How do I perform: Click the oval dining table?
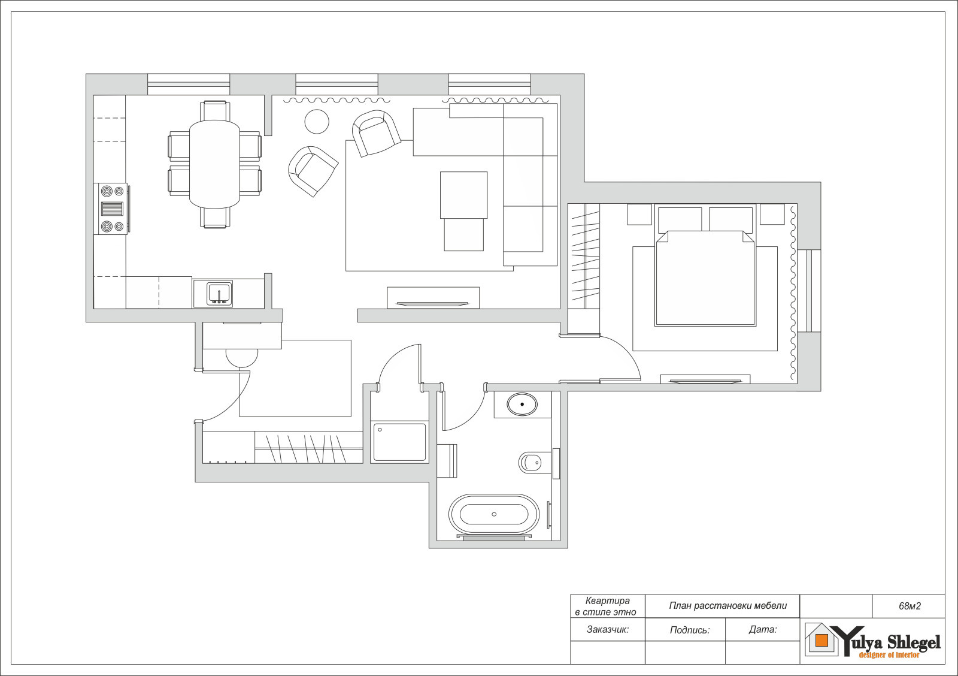214,164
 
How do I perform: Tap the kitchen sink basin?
219,294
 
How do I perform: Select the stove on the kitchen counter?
113,209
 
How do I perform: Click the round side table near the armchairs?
317,122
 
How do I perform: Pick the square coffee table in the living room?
463,195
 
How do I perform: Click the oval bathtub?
494,514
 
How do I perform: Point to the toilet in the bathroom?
531,463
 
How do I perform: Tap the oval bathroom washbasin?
522,404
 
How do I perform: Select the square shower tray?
399,442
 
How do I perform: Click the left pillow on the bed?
680,220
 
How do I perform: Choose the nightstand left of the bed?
639,215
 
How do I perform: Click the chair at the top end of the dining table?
215,110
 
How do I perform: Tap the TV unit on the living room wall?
433,297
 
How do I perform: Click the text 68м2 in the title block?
910,606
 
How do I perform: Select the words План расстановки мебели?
728,606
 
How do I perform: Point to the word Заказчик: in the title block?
608,629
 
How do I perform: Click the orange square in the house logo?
821,641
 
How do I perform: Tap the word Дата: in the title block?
763,629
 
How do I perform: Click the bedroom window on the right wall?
809,291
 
